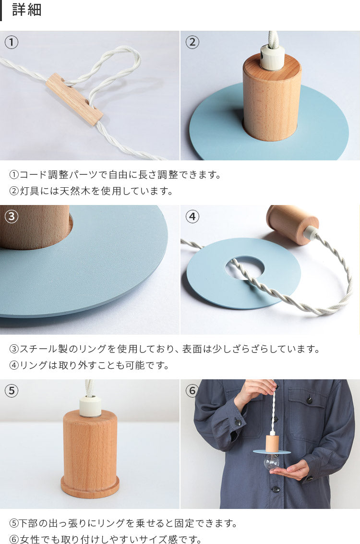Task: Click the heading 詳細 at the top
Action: coord(27,10)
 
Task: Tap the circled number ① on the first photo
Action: coord(12,42)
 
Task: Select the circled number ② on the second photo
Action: coord(192,42)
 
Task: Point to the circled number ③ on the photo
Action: coord(12,217)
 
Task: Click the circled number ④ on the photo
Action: coord(192,217)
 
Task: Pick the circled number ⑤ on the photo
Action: coord(12,391)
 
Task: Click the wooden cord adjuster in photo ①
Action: coord(74,99)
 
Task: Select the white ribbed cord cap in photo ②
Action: coord(272,58)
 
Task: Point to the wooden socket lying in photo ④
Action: coord(292,224)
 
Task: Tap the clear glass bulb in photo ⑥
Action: coord(272,462)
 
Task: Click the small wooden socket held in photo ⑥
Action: coord(272,443)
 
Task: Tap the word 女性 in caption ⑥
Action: coord(29,539)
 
